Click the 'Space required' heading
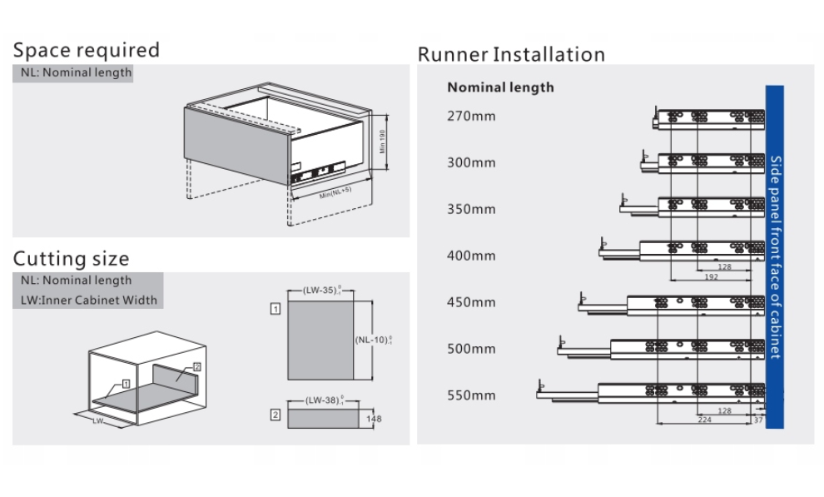86,50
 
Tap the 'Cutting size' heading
71,258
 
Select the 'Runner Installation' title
511,55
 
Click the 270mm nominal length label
471,116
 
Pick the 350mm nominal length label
471,209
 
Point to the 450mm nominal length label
471,302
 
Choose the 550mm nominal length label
471,395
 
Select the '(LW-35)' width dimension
321,291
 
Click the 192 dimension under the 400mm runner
711,276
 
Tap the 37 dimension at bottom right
757,421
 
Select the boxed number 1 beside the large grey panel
275,308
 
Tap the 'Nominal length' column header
500,87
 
